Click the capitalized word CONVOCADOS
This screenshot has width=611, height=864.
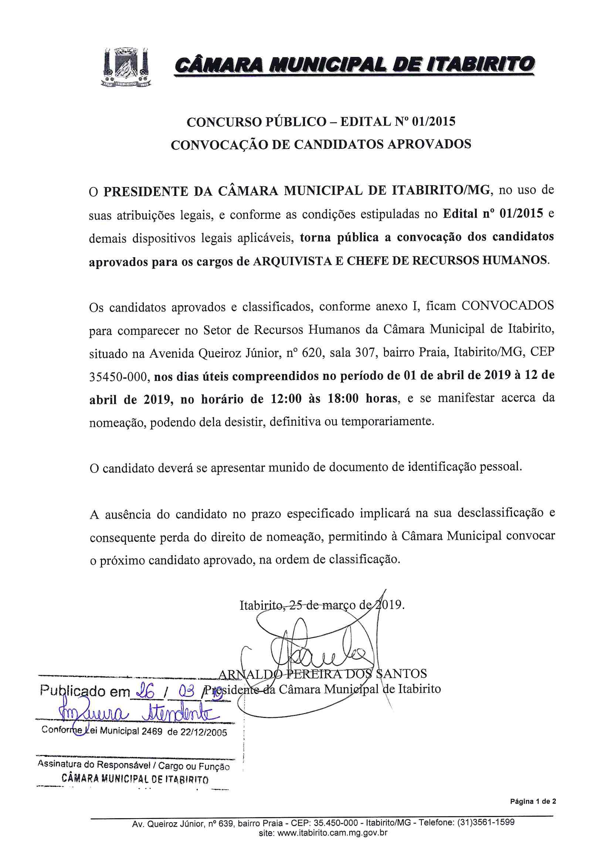(508, 305)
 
